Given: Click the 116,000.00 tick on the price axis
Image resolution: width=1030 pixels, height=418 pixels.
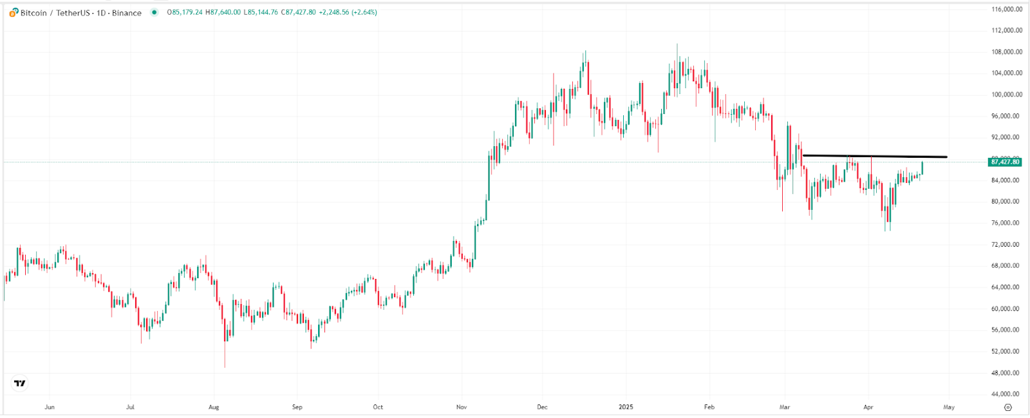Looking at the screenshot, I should [x=1007, y=9].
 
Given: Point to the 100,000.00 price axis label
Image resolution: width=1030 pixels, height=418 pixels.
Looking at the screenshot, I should [x=1007, y=95].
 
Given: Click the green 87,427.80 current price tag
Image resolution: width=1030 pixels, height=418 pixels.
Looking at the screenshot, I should [x=1005, y=162].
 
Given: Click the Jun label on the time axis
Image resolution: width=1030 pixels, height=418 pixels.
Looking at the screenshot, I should [x=50, y=407].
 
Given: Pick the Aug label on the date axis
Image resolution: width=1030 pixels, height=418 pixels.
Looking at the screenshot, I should [x=214, y=407].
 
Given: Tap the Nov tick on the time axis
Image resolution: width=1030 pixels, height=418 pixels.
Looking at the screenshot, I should [x=462, y=407].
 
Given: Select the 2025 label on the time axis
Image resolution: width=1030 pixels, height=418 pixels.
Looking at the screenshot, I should [x=626, y=407].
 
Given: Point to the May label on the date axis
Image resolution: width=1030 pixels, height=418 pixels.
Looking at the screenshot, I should [x=949, y=407].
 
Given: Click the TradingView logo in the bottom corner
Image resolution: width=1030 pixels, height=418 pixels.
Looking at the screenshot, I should [x=20, y=384].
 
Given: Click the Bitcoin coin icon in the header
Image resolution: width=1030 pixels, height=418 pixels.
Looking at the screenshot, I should [x=14, y=12].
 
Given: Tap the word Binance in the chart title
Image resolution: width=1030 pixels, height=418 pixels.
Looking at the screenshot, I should [x=127, y=13].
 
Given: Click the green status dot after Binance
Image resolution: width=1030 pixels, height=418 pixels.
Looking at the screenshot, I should [x=154, y=12].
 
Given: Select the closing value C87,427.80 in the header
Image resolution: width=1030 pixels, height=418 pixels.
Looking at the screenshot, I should [x=298, y=12].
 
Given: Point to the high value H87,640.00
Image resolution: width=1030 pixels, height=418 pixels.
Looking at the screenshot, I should [x=223, y=12].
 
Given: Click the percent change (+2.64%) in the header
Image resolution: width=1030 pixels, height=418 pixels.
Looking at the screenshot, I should [x=364, y=12].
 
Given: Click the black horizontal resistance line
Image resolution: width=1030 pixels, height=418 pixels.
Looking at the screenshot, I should [x=876, y=156].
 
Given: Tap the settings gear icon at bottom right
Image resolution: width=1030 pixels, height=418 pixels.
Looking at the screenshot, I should [x=1008, y=407].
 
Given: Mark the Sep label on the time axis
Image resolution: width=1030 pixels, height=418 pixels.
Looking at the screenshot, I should [x=297, y=407].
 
